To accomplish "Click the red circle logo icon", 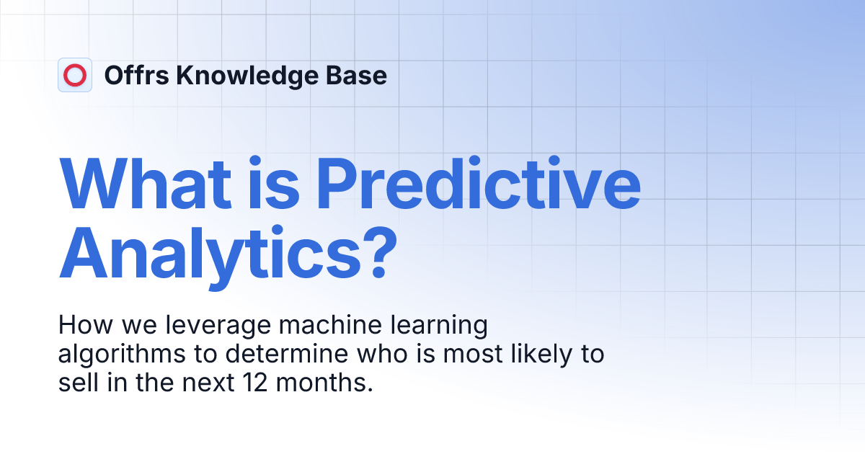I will (x=75, y=75).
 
